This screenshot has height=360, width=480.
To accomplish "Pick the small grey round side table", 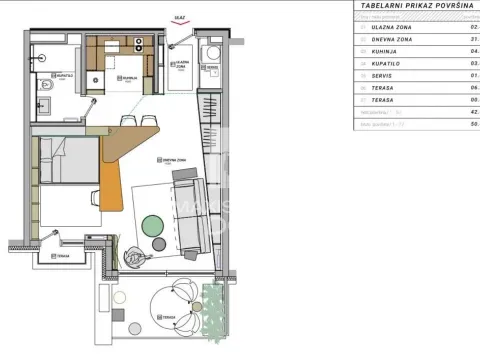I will click(160, 243).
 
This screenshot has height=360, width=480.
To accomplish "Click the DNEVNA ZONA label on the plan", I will click(172, 160).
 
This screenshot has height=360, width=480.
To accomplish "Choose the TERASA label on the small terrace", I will click(62, 256).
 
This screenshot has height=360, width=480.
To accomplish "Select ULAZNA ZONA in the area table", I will click(391, 28).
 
